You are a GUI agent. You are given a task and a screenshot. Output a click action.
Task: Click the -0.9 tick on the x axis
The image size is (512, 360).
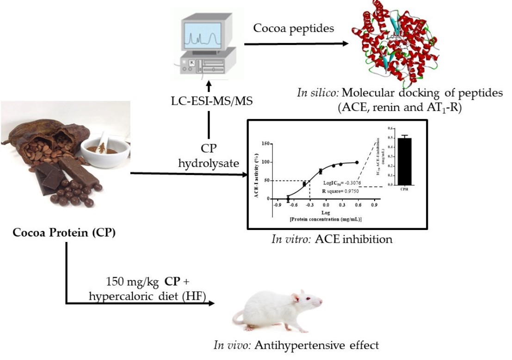[278, 204]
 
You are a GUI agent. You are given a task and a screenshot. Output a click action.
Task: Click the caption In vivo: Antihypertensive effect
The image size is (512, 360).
[296, 345]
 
